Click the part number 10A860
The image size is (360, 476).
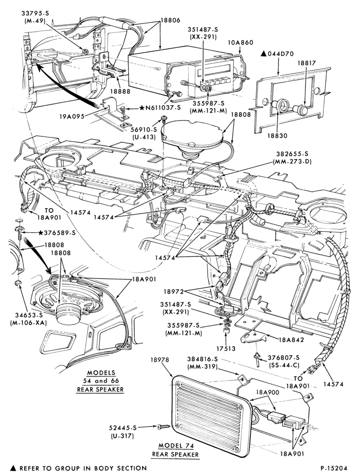tap(240, 42)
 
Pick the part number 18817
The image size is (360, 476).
tap(307, 63)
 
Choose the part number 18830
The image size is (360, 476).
tap(277, 135)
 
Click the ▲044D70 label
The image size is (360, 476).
tap(277, 54)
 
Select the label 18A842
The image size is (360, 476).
tap(291, 340)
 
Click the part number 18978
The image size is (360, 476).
tap(160, 360)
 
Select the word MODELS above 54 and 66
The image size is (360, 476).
tap(101, 373)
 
